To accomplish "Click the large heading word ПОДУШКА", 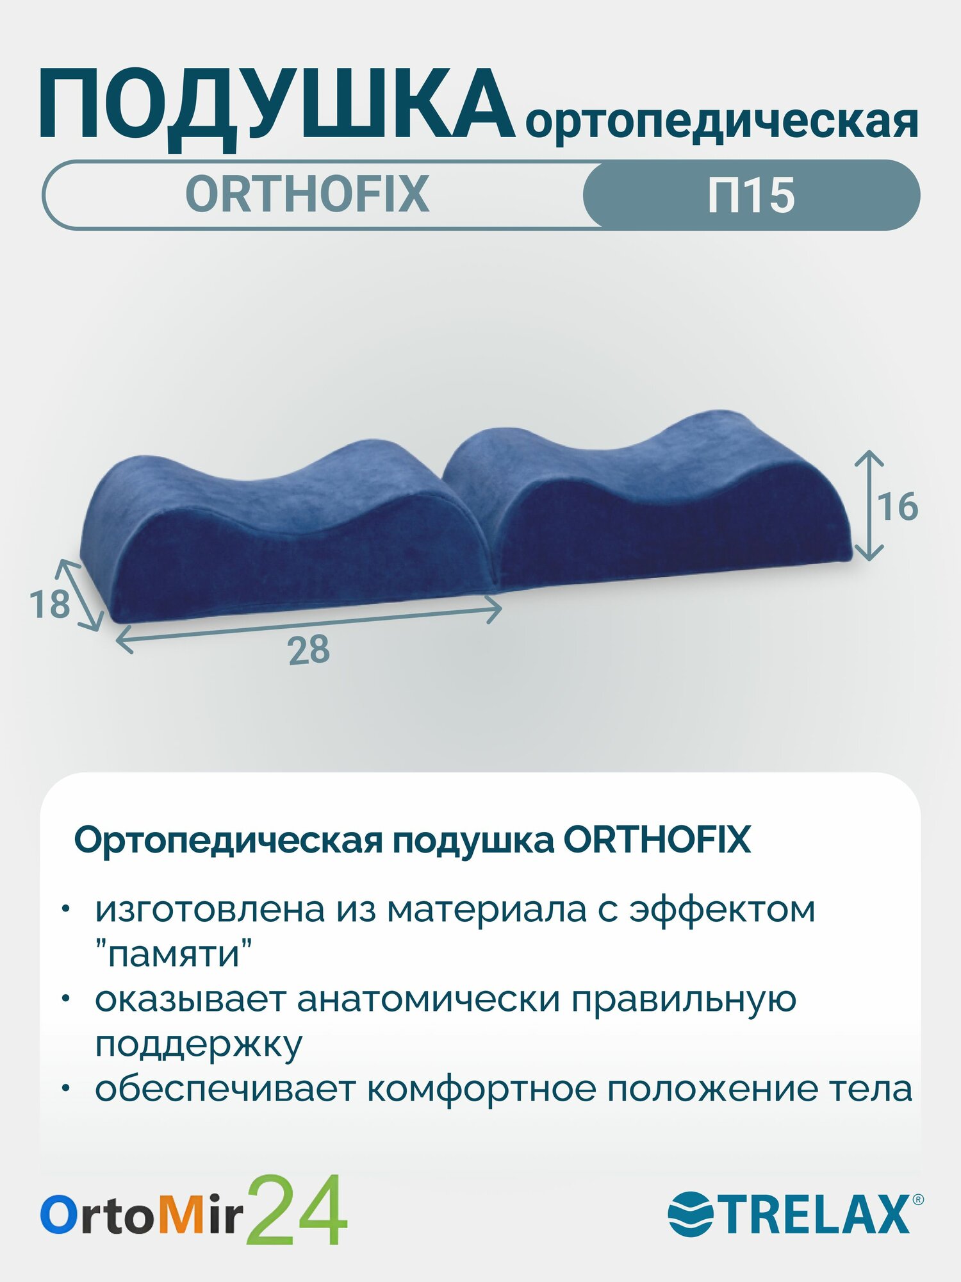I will tap(275, 106).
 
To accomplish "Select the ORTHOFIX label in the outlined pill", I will tap(307, 194).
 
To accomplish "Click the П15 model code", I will tap(751, 195).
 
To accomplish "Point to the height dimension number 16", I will tap(898, 507).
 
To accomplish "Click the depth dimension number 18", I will tap(49, 604).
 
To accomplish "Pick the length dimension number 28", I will tap(309, 650).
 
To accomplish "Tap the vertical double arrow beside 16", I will tap(869, 505).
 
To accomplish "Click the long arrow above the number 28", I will tap(308, 624).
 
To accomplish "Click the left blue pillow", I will tap(282, 532).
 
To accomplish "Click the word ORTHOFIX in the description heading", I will tap(657, 840).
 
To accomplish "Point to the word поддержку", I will tap(199, 1044).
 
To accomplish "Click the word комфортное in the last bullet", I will tap(481, 1088).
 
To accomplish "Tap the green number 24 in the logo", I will tap(297, 1210).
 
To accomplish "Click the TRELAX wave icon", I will tap(690, 1213).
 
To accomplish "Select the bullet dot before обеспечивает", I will tap(65, 1088).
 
